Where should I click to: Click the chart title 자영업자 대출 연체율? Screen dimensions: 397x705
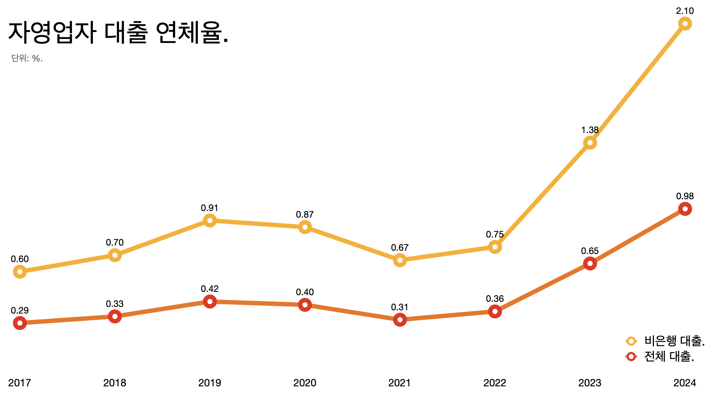[x=118, y=32]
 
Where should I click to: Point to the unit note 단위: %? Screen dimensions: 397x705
[x=27, y=58]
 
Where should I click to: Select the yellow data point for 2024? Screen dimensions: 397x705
[x=685, y=24]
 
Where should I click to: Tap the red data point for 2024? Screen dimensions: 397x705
[x=685, y=209]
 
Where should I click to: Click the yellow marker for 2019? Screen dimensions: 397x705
[x=210, y=221]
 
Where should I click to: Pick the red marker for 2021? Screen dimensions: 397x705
[x=400, y=320]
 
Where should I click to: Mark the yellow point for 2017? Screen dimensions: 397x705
[x=20, y=272]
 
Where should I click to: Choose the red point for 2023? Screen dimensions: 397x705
[x=590, y=264]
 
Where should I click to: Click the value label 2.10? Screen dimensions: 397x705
[x=685, y=11]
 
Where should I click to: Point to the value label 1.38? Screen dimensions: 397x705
[x=590, y=130]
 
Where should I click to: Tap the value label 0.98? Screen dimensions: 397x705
[x=685, y=196]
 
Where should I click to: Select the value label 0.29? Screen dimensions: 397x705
[x=20, y=311]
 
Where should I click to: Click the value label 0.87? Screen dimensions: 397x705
[x=305, y=215]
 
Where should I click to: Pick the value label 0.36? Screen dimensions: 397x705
[x=495, y=299]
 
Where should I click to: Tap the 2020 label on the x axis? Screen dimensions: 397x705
[x=305, y=383]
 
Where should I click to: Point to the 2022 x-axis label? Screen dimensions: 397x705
[x=495, y=383]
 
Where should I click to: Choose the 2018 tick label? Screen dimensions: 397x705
[x=115, y=383]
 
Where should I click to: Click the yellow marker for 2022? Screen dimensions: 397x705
[x=495, y=247]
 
